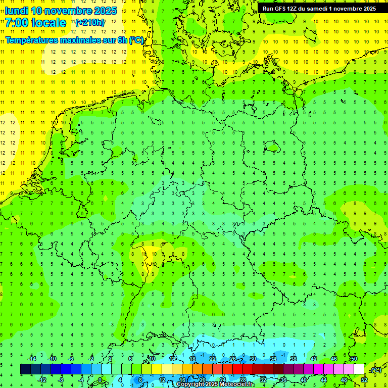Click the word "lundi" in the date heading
(16, 11)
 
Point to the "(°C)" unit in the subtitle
(136, 40)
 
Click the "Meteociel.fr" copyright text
(233, 384)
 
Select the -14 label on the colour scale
(32, 359)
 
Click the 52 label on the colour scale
(364, 380)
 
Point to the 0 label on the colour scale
(100, 380)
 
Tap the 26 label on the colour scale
(233, 359)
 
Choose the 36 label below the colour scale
(283, 380)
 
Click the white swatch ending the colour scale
(359, 369)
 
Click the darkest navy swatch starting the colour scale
(25, 369)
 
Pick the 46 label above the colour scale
(334, 359)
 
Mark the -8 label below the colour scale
(61, 380)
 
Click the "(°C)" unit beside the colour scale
(375, 370)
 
